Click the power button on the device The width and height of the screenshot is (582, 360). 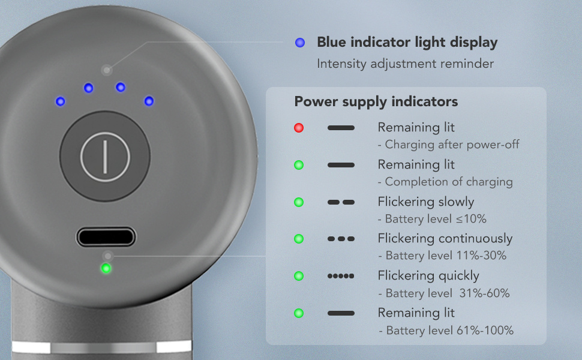point(105,156)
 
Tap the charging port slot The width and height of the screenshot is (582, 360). point(106,237)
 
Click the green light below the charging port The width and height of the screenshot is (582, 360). point(106,268)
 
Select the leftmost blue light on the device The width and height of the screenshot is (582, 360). point(61,101)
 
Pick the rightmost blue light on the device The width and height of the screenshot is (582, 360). point(149,101)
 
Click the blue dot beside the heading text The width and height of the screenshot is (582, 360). point(300,43)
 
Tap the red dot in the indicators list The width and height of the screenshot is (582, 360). point(299,128)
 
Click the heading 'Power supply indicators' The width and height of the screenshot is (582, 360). point(376,102)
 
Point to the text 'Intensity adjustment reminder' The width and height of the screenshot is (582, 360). point(406,64)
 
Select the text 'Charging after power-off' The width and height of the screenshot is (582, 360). point(452,145)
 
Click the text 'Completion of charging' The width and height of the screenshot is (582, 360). point(449,182)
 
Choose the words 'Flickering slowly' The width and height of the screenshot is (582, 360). point(426,202)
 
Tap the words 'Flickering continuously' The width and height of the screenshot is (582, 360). point(445,239)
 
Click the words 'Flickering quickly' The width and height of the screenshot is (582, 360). point(428,276)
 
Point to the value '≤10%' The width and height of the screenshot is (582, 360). point(471,219)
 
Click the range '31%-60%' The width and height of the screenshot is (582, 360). point(484,293)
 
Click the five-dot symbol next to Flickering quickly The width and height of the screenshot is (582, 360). point(341,276)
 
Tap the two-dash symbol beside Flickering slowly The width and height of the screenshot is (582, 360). point(341,202)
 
